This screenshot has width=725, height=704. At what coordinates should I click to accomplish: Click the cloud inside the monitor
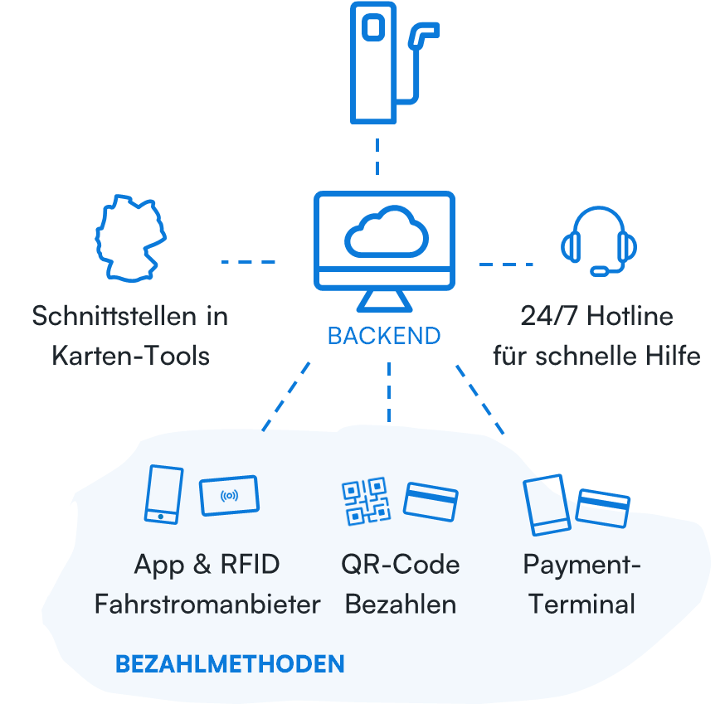(x=386, y=235)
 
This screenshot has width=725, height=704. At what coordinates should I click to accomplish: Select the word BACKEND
(x=383, y=336)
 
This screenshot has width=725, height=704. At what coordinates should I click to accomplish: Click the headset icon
(x=599, y=241)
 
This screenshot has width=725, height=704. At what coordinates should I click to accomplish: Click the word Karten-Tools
(x=130, y=356)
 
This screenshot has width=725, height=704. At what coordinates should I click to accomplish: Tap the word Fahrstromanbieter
(x=207, y=604)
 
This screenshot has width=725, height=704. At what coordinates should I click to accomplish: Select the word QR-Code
(x=400, y=565)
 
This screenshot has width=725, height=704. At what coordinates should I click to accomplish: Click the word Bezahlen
(x=400, y=604)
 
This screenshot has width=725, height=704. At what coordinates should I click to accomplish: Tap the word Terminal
(x=581, y=604)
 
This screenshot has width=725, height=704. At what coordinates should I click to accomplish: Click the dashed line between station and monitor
(x=377, y=157)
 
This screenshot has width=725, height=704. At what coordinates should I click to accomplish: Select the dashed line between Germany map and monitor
(x=248, y=261)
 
